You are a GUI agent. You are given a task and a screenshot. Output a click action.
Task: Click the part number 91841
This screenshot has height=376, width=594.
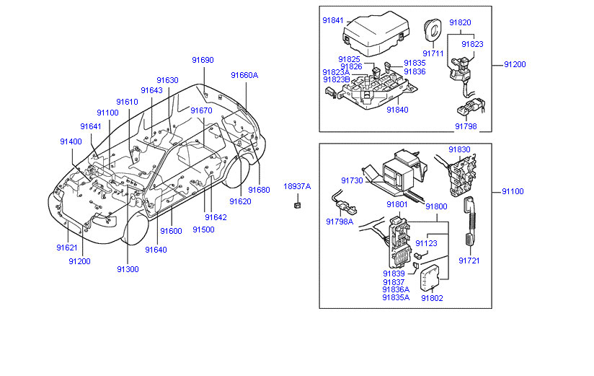332,21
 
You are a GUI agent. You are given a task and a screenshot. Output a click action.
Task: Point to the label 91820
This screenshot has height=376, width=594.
460,22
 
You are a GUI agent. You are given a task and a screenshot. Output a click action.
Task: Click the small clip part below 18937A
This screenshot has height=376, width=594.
296,206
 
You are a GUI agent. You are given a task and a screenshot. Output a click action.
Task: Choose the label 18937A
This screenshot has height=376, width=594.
296,186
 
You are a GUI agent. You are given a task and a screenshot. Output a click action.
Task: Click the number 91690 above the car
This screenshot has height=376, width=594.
203,60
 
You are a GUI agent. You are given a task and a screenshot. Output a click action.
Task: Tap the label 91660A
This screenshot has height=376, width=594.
244,74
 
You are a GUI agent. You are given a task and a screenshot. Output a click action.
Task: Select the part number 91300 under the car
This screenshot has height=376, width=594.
128,269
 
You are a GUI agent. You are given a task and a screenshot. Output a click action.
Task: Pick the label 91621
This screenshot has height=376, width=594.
67,248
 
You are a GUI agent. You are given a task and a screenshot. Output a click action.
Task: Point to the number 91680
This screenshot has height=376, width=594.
259,190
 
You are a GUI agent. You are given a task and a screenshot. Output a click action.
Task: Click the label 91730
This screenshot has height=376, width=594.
352,180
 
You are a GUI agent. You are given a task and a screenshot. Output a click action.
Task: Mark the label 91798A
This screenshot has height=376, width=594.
340,222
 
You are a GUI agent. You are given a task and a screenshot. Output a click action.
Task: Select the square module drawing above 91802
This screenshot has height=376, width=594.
433,276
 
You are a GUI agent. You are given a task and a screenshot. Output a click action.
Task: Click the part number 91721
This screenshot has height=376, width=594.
469,260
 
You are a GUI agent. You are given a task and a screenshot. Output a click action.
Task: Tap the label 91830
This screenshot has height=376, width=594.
459,149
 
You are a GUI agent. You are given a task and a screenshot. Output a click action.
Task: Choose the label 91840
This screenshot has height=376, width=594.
397,110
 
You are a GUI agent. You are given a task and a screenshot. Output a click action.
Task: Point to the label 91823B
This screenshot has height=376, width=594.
336,80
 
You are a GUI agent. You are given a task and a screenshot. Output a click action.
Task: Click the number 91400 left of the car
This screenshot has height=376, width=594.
71,141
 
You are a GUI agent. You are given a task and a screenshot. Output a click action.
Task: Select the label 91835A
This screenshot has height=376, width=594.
396,297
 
